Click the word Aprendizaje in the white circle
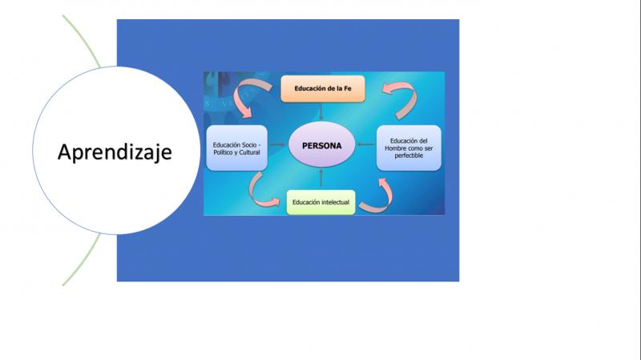click(x=115, y=152)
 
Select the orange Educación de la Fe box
click(x=323, y=88)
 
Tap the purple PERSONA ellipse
click(x=322, y=145)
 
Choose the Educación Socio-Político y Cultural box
click(x=236, y=148)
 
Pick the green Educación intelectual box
click(x=321, y=202)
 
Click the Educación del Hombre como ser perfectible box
click(x=409, y=148)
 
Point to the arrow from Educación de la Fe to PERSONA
click(x=321, y=111)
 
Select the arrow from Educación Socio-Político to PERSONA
click(x=277, y=144)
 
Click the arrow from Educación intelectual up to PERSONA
click(x=321, y=178)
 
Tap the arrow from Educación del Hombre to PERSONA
click(x=366, y=144)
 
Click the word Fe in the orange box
click(x=347, y=88)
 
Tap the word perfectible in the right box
click(x=409, y=156)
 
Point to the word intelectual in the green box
click(x=335, y=202)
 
